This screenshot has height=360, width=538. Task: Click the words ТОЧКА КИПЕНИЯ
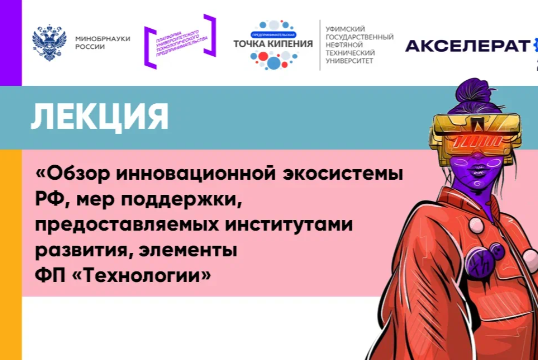click(273, 44)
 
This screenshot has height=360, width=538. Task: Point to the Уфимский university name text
click(359, 45)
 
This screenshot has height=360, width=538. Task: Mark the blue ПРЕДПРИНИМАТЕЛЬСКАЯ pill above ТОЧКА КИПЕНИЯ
click(273, 35)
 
